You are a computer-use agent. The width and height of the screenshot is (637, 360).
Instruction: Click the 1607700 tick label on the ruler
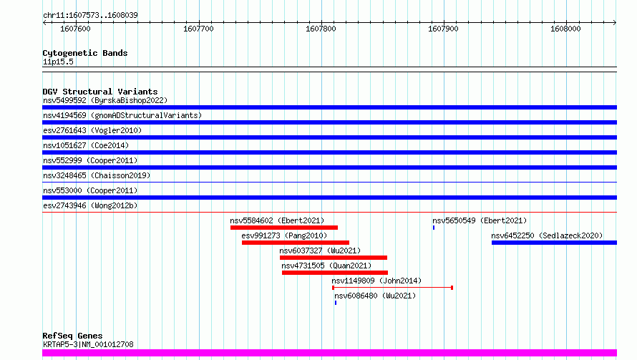(198, 29)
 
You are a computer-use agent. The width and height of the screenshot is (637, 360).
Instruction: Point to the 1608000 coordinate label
(565, 29)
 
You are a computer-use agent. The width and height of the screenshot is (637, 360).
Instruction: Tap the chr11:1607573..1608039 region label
(90, 15)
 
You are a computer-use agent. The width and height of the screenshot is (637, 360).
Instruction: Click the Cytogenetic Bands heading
(85, 53)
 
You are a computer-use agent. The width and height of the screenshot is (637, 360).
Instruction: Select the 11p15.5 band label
(58, 62)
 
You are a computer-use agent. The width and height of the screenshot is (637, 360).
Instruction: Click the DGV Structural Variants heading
(100, 92)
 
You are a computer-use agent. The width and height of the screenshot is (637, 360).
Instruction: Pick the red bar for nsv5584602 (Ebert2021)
(284, 228)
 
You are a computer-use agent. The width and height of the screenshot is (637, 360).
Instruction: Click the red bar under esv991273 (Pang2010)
(296, 243)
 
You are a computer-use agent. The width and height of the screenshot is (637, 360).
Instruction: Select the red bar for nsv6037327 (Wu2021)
(334, 258)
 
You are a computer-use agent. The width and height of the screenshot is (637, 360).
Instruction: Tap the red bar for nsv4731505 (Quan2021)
(335, 273)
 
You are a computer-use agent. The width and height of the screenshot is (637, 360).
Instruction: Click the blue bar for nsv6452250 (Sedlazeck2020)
(554, 243)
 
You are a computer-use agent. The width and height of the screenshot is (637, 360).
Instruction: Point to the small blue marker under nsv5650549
(434, 228)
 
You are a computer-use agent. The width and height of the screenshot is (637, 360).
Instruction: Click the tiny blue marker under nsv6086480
(336, 303)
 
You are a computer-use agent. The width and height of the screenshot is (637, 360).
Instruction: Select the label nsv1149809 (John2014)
(376, 281)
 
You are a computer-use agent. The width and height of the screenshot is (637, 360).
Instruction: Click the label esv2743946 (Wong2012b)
(90, 205)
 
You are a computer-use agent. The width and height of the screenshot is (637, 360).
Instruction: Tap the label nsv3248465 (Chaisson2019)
(97, 175)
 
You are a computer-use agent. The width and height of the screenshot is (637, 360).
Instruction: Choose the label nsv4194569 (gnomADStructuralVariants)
(122, 115)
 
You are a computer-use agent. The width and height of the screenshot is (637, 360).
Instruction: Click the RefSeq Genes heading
(72, 336)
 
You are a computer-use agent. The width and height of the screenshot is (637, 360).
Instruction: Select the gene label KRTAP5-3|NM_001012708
(88, 344)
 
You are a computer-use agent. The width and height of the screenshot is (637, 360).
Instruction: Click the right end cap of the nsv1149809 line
(452, 288)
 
